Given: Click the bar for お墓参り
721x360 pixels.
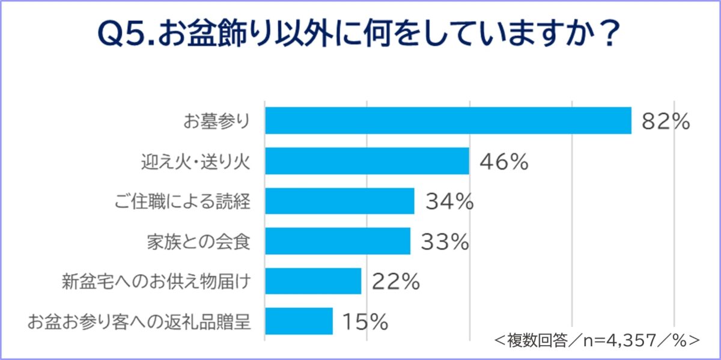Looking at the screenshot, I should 448,121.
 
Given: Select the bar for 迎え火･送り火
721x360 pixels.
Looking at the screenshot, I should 367,161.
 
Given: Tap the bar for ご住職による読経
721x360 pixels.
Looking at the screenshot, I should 339,201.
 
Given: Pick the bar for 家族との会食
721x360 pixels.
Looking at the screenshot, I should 337,241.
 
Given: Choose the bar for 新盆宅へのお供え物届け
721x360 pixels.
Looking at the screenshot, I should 312,281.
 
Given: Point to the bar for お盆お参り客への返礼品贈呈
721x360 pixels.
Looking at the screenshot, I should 299,321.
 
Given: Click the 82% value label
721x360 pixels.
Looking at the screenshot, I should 665,121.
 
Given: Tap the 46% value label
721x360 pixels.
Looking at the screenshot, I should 503,162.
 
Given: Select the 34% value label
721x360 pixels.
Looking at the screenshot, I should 449,202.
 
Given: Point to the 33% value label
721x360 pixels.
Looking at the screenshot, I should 444,242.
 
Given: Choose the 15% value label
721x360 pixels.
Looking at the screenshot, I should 365,322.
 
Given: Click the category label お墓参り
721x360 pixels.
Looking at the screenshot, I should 216,121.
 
